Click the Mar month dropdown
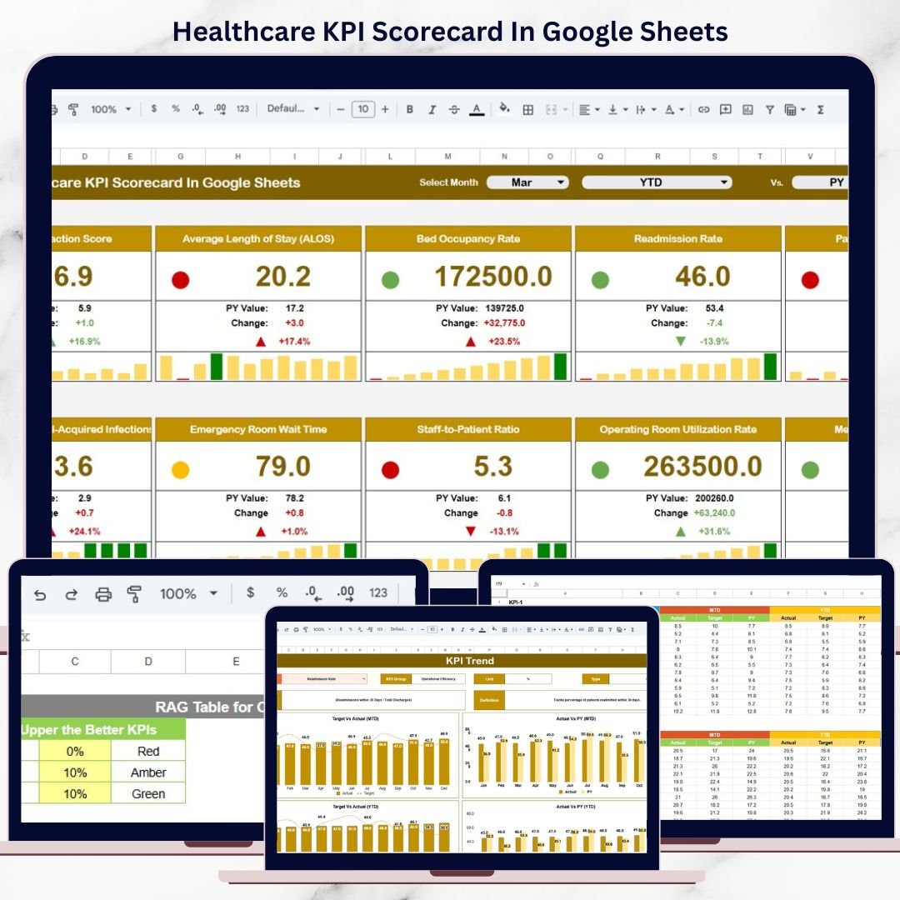[527, 182]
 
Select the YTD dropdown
[656, 182]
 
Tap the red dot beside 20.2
[180, 280]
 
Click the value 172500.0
[493, 277]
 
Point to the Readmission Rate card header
[677, 239]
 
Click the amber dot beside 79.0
[180, 470]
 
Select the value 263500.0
[702, 467]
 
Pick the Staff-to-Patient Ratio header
[467, 430]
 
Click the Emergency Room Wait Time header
[258, 430]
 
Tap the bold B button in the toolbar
[409, 109]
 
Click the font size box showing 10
[362, 109]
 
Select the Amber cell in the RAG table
[148, 772]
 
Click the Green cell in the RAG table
[148, 793]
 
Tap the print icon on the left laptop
[103, 594]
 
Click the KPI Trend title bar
[470, 661]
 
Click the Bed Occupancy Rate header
[468, 239]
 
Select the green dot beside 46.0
[600, 280]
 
